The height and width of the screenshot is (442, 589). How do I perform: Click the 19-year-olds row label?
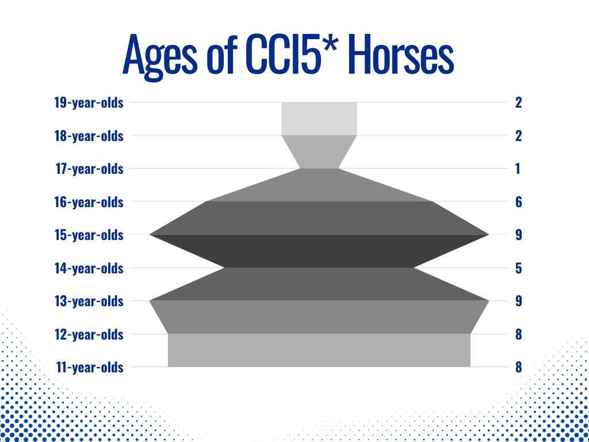point(89,102)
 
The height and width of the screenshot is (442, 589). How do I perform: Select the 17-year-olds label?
point(89,169)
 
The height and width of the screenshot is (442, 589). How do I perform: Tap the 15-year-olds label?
point(89,235)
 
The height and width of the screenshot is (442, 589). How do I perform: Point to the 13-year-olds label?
point(89,301)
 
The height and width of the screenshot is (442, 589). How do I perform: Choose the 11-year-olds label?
point(90,367)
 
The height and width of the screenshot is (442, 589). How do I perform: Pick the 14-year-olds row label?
point(89,268)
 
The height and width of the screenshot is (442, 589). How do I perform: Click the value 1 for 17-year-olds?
point(518,169)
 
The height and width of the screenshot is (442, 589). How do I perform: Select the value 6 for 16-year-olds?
point(518,202)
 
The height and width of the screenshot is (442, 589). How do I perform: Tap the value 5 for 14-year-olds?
point(518,268)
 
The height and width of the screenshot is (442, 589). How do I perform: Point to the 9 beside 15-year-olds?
point(518,235)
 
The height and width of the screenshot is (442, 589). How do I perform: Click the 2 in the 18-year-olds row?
point(518,136)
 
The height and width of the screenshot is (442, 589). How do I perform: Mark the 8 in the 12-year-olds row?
point(518,334)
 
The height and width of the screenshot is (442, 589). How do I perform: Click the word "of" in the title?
point(221,55)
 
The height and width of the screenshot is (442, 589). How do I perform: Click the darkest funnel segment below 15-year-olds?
point(319,251)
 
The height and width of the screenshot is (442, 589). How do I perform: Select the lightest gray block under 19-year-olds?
point(319,119)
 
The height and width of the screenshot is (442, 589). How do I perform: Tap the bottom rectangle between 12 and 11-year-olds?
point(319,350)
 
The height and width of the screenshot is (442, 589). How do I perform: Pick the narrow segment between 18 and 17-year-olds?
point(319,151)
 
